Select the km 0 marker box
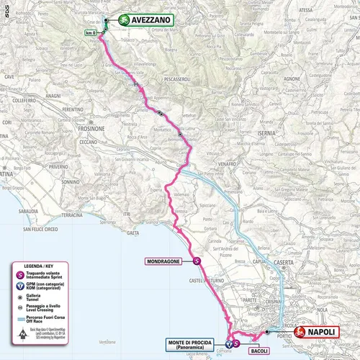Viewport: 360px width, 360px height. click(89, 33)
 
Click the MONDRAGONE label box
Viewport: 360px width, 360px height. click(167, 261)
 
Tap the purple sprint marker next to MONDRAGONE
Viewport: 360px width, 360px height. click(197, 261)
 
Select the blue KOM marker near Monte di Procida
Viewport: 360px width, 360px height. click(228, 344)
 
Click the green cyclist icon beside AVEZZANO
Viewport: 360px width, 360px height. click(123, 21)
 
